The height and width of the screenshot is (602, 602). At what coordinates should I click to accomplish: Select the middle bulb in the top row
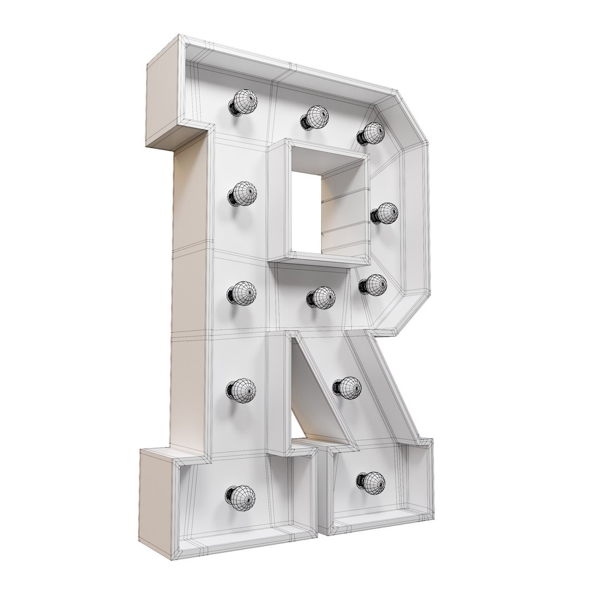tap(316, 117)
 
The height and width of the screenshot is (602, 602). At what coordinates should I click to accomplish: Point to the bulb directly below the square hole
tap(321, 297)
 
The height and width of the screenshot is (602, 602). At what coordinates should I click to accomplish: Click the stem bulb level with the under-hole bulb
tap(242, 293)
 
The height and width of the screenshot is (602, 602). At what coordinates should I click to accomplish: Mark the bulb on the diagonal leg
tap(348, 386)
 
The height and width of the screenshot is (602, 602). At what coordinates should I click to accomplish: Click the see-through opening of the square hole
tap(304, 212)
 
